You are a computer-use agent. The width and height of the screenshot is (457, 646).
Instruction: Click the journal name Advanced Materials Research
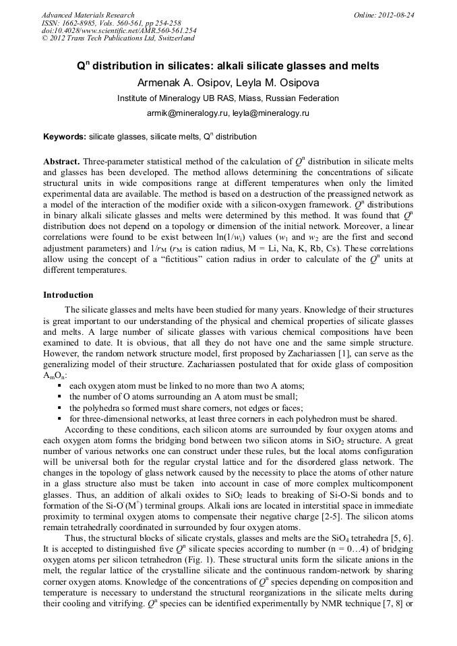(88, 15)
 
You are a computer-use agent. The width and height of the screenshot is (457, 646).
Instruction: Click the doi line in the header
(119, 30)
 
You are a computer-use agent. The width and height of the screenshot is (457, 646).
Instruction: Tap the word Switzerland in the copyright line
(174, 38)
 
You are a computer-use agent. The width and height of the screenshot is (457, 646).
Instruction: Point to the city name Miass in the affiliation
(248, 98)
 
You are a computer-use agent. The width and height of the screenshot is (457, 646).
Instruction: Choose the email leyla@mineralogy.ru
(271, 113)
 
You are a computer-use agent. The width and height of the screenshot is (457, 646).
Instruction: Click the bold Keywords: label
(65, 137)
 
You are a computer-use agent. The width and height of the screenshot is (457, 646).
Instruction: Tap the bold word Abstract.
(62, 162)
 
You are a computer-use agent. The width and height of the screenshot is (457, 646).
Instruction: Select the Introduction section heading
(68, 295)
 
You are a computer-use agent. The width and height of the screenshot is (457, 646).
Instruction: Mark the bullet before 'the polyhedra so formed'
(61, 408)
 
